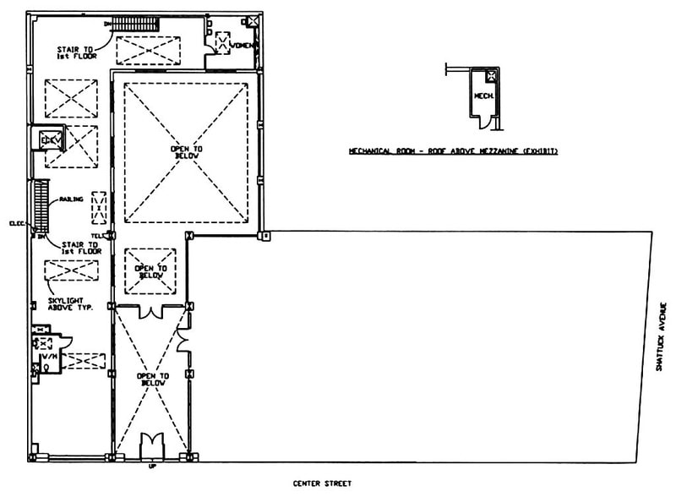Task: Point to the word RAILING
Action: (x=71, y=199)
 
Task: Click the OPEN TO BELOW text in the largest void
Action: (x=187, y=152)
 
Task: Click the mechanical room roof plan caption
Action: (x=457, y=152)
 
